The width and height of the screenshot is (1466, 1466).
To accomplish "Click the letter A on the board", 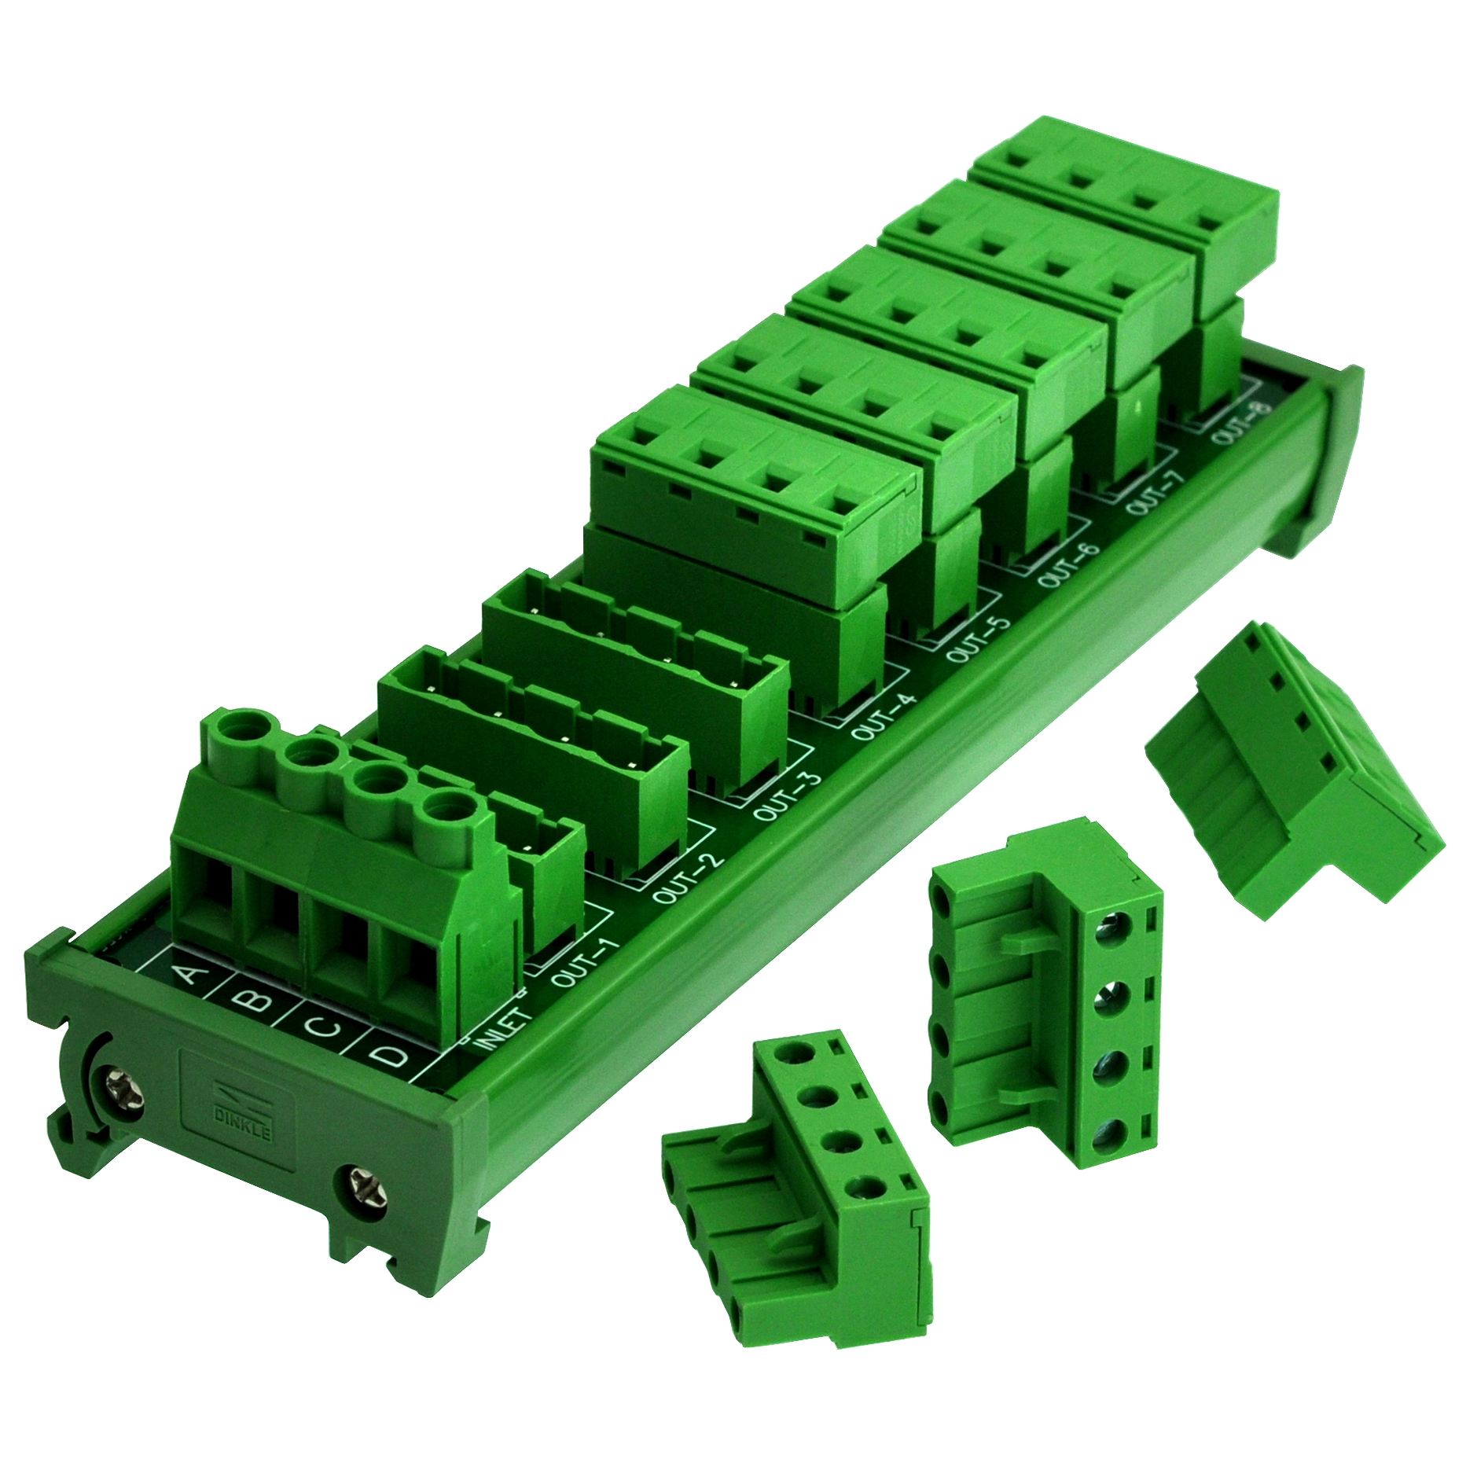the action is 186,975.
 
